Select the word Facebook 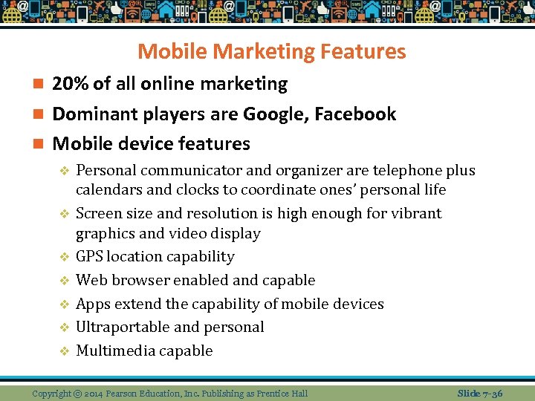(355, 114)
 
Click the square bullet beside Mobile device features (39, 143)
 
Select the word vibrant (416, 213)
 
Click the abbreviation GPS (89, 257)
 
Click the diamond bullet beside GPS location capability (64, 257)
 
